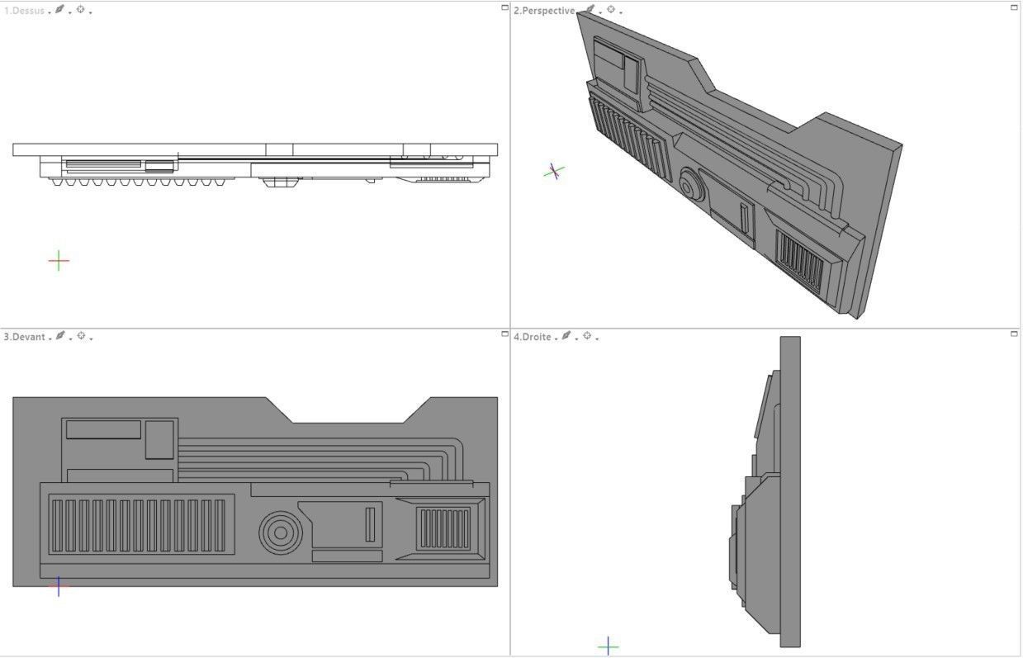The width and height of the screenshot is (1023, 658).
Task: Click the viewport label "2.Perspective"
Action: pos(543,11)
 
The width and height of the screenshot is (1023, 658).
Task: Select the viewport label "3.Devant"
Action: pos(24,337)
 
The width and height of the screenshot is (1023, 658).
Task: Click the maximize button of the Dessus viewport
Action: pos(504,7)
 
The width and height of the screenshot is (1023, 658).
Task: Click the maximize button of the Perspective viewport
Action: pos(1014,7)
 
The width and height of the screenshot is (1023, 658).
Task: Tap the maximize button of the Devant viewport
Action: pos(504,334)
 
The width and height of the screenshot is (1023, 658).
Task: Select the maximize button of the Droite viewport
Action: pos(1014,334)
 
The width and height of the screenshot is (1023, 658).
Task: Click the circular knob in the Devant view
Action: pos(281,533)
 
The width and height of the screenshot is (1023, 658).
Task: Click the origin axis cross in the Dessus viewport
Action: pos(59,261)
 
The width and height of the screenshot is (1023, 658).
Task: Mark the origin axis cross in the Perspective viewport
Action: pos(555,171)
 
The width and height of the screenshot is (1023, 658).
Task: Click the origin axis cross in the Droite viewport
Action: pos(608,646)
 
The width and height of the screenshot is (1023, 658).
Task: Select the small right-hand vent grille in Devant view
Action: pos(444,529)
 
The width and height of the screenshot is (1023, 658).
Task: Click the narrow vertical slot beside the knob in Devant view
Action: pos(370,524)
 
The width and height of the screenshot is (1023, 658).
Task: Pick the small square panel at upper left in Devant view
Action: pos(159,439)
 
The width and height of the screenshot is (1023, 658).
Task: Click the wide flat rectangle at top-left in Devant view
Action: pos(103,429)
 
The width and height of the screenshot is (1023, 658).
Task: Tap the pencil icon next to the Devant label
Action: pos(60,336)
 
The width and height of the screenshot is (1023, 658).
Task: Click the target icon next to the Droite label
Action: pos(587,336)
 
